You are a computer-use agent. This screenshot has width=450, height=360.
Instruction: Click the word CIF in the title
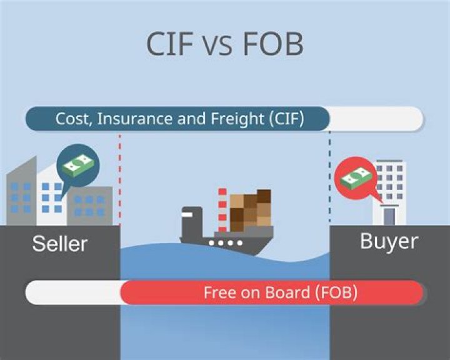point(169,44)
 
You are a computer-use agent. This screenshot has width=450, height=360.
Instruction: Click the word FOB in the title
point(273,44)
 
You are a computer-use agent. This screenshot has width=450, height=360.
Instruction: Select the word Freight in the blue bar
point(237,119)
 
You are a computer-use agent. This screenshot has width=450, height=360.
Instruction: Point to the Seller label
point(60,244)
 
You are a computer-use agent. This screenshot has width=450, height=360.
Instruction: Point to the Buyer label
point(389,242)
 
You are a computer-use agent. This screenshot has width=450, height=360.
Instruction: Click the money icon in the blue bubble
point(78,166)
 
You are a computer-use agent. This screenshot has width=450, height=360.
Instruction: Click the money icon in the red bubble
point(355,178)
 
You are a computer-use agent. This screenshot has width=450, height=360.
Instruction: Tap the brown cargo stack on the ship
point(250,209)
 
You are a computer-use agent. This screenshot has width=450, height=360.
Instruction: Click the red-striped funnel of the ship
point(222,210)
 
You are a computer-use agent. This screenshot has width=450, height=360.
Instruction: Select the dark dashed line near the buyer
point(330,176)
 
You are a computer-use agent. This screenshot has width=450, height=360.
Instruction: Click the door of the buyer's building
point(389,216)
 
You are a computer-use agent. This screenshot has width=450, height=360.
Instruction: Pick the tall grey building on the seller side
point(21,191)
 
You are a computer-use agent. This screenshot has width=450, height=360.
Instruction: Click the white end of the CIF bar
point(376,119)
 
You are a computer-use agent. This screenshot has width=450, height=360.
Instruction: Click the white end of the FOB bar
point(73,292)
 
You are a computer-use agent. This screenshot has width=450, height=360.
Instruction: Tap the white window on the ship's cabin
point(187,214)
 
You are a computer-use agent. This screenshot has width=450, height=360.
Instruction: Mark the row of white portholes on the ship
point(226,243)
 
